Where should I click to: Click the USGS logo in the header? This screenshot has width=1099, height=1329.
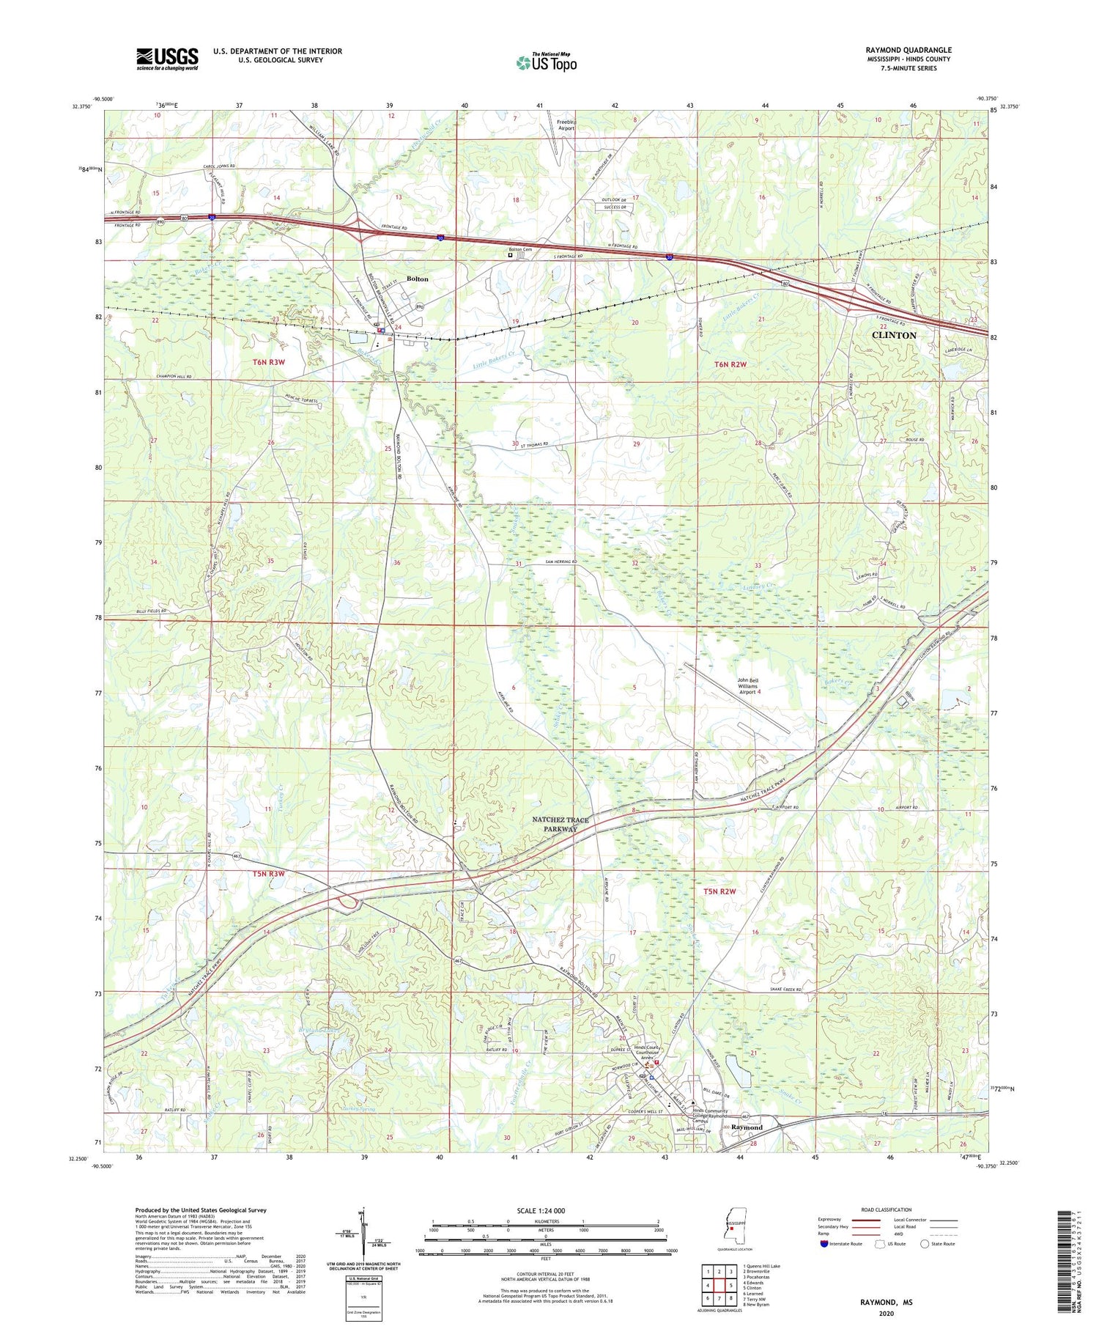[166, 59]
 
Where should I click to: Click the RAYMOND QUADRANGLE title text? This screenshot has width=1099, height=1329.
[908, 50]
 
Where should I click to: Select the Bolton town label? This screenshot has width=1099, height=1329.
[417, 279]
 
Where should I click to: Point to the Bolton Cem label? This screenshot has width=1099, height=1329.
[521, 250]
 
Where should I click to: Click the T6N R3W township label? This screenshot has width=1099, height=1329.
[268, 362]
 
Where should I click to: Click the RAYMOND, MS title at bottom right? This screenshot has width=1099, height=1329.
[886, 1303]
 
